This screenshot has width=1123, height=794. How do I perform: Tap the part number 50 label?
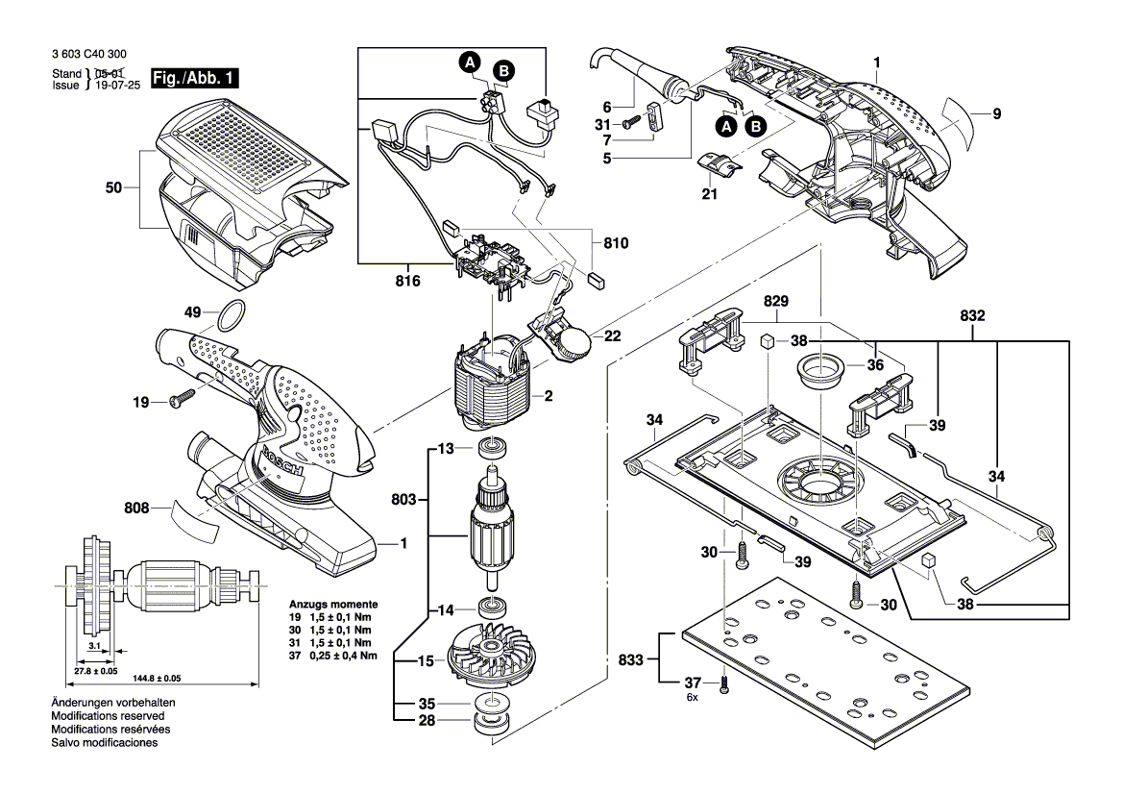click(114, 189)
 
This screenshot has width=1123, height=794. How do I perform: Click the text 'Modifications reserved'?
click(107, 716)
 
